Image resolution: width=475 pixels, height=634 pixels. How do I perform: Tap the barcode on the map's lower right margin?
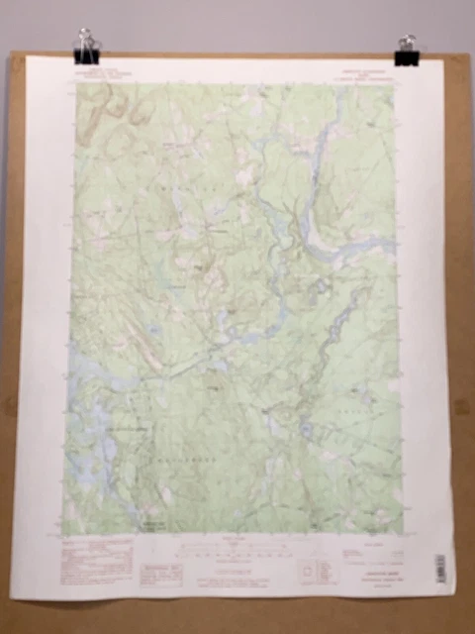441,569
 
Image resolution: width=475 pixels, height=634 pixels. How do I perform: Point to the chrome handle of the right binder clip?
407,43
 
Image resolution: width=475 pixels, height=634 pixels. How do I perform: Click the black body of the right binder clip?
407,58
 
